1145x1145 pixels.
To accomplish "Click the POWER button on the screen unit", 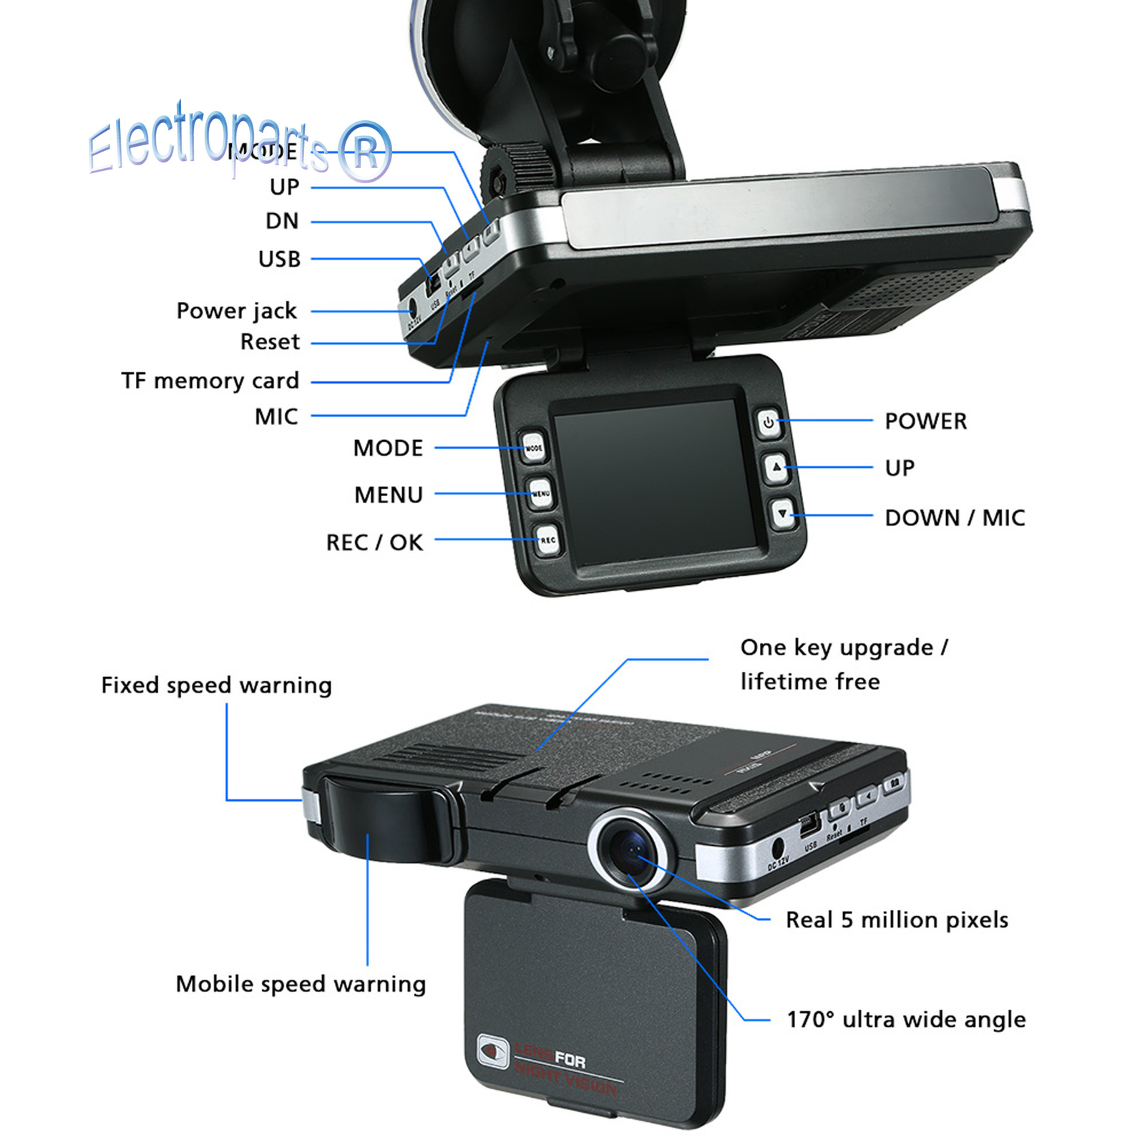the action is coord(768,422).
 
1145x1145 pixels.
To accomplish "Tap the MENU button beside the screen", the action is coord(540,493).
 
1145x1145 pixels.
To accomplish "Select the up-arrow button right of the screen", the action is coord(776,468).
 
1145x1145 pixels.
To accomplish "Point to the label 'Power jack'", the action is coord(236,311).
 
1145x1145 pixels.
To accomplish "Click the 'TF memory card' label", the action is coord(210,381).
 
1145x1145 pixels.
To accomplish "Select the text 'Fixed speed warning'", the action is coord(216,685).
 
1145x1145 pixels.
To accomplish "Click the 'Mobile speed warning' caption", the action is coord(301,984).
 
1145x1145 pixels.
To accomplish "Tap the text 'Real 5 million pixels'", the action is coord(897,920).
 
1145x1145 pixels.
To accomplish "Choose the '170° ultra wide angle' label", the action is coord(906,1019).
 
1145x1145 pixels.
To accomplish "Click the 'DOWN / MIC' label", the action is coord(955,517).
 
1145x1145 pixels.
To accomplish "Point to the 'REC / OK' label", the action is coord(374,542).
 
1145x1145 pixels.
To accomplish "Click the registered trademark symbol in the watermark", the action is coord(365,152).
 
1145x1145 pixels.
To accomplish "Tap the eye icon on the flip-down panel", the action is coord(492,1051).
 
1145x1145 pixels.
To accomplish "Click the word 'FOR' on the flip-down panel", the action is coord(570,1059).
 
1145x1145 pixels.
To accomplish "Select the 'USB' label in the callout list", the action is coord(279,259).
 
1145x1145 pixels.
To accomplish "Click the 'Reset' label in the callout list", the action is coord(270,342).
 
